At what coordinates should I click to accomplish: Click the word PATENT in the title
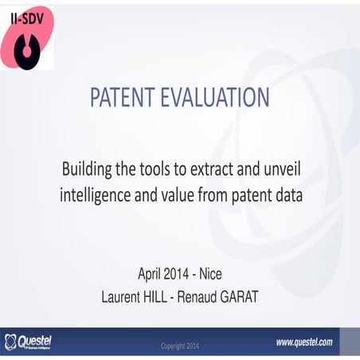point(127,97)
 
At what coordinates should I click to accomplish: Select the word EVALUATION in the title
point(219,97)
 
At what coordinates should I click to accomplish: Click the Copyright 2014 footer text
point(181,346)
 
